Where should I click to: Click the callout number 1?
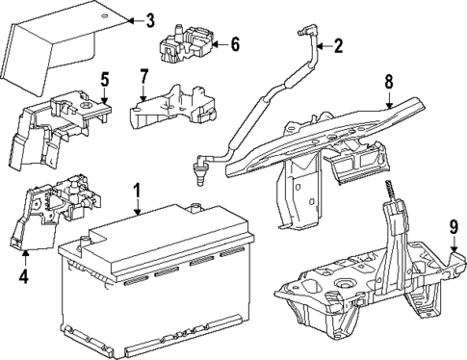[137, 191]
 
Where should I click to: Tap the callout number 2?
[337, 44]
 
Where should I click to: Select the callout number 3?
[148, 20]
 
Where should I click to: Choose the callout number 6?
[235, 44]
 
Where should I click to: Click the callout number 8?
[389, 82]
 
